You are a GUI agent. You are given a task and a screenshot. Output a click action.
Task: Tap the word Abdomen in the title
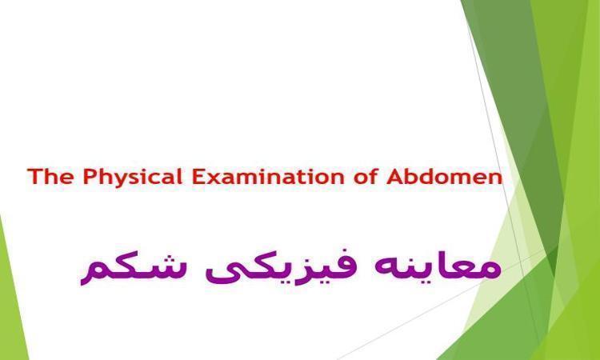(444, 177)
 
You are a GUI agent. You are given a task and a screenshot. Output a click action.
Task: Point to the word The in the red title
(50, 177)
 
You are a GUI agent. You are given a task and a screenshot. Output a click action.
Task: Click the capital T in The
(34, 177)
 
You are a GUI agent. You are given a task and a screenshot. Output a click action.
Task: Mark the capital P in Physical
(89, 177)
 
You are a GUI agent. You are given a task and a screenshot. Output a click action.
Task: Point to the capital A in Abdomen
(394, 177)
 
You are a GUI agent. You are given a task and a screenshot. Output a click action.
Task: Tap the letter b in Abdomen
(412, 177)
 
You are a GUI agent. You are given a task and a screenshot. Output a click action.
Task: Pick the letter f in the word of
(374, 177)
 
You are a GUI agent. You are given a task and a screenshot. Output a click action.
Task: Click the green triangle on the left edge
(10, 290)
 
